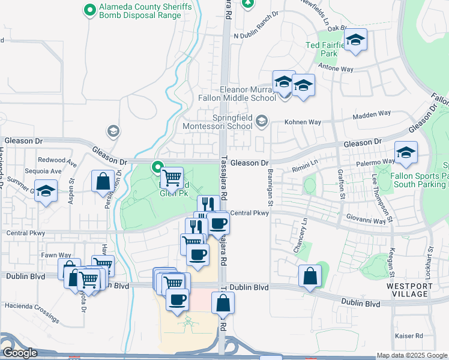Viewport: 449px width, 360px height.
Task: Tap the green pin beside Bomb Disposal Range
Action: [90, 10]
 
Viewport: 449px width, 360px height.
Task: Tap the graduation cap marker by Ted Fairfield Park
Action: [356, 40]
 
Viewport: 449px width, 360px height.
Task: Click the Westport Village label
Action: [409, 290]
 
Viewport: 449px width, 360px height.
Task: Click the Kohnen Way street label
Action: [303, 122]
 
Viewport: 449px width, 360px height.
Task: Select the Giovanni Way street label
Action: [367, 221]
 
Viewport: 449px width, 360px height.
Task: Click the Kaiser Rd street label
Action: [409, 336]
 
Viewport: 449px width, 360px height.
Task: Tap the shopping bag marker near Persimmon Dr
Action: [103, 181]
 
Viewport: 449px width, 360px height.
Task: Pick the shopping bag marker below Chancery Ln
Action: [310, 276]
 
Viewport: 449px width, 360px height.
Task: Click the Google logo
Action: [19, 353]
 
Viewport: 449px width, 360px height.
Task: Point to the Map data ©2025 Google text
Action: [412, 355]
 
